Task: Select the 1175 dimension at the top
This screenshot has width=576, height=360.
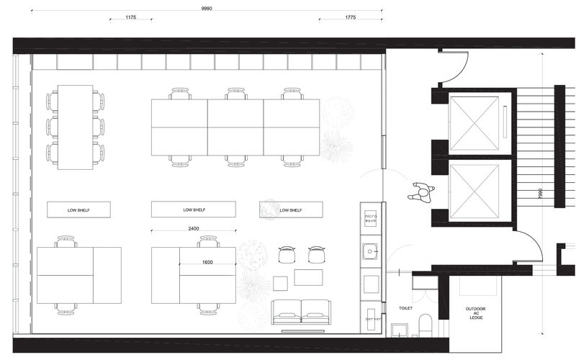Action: tap(130, 17)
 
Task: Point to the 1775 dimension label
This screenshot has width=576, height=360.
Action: tap(351, 17)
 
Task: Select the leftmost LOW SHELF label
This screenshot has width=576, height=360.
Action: tap(78, 210)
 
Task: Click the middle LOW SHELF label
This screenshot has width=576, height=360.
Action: tap(194, 210)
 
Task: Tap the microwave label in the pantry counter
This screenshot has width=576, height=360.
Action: tap(372, 218)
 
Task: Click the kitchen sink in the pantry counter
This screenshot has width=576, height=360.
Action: tap(372, 252)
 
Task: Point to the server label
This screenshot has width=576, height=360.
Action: tap(372, 317)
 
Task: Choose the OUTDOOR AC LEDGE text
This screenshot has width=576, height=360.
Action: tap(475, 314)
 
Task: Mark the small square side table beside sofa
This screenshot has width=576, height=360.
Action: tap(281, 280)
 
